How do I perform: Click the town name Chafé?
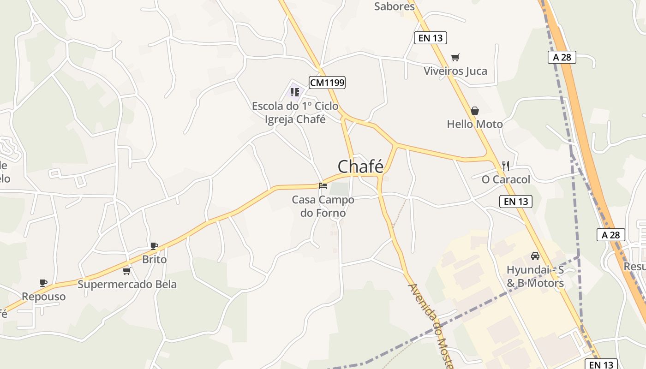(x=360, y=167)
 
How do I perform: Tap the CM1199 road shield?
(x=327, y=83)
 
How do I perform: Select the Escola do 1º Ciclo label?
(x=295, y=106)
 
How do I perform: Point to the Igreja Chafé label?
(x=295, y=119)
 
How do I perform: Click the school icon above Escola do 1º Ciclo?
(x=295, y=92)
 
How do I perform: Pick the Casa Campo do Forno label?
(x=323, y=206)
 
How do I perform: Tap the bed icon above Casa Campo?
(x=323, y=186)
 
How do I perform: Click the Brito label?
(x=154, y=259)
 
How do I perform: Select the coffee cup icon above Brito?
(x=154, y=246)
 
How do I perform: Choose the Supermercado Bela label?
(x=127, y=284)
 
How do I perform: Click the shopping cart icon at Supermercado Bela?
(x=126, y=271)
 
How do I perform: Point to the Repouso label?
(x=44, y=296)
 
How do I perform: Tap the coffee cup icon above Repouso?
(x=43, y=283)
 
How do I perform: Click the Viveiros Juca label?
(x=455, y=71)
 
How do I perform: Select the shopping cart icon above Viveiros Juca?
(x=455, y=57)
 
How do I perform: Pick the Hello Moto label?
(x=475, y=124)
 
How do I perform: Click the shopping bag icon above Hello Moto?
(x=475, y=111)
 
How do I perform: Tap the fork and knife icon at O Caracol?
(x=506, y=166)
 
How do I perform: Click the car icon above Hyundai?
(x=535, y=256)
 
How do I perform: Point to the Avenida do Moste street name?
(x=429, y=325)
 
